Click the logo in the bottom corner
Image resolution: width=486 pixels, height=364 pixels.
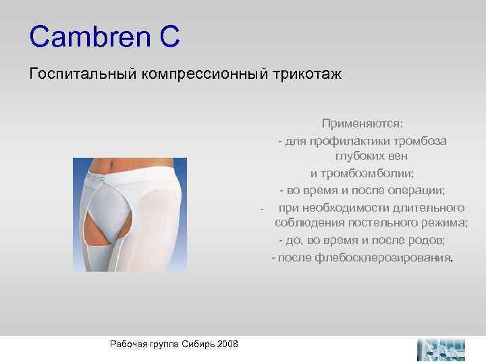[x=442, y=348]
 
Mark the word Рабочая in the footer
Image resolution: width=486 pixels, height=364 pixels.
[x=126, y=344]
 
